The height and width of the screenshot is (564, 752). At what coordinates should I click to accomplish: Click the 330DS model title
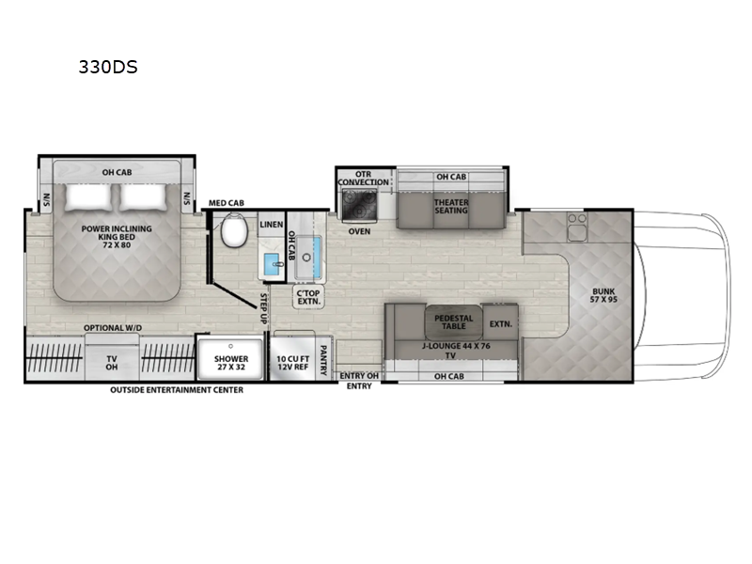(x=111, y=68)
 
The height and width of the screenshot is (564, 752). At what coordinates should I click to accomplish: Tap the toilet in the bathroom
(x=233, y=230)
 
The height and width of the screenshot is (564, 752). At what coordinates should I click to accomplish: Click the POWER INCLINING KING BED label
(x=117, y=235)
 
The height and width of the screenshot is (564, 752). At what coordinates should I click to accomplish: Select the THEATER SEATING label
(x=450, y=207)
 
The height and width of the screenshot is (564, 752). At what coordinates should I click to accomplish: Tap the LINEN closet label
(x=271, y=223)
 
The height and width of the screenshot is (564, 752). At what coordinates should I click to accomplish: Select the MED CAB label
(x=226, y=201)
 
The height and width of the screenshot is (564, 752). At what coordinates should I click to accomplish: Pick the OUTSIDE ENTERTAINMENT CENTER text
(x=176, y=390)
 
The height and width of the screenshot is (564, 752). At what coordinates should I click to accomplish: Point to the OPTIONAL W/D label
(x=112, y=328)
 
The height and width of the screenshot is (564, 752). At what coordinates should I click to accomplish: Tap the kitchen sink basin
(x=308, y=258)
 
